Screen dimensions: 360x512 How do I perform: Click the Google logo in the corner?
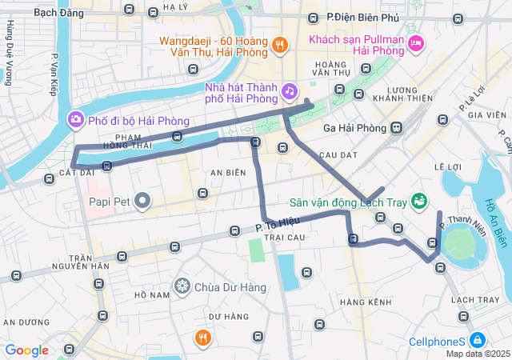point(26,350)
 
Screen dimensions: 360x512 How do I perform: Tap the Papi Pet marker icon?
point(143,199)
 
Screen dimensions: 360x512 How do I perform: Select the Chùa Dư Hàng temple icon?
point(182,286)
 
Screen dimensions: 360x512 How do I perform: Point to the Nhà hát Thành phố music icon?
point(289,93)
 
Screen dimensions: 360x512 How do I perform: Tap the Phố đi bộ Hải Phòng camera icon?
point(75,121)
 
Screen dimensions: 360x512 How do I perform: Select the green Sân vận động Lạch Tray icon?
point(418,199)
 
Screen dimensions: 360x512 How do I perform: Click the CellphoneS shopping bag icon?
point(478,340)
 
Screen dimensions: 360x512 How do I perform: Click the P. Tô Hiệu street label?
point(271,226)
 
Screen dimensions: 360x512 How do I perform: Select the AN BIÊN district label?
point(228,173)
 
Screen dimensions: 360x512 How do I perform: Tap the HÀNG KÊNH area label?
point(365,302)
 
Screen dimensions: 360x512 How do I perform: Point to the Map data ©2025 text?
point(478,354)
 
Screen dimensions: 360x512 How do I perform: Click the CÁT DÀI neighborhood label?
point(77,172)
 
